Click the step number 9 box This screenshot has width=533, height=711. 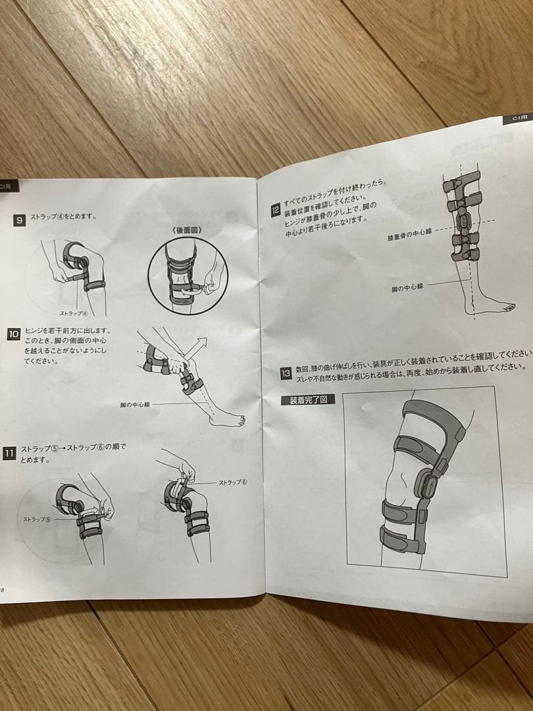pyautogui.click(x=19, y=221)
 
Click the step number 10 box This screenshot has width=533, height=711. pyautogui.click(x=13, y=334)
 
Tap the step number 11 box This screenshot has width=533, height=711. pyautogui.click(x=9, y=452)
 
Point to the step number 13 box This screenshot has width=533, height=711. pyautogui.click(x=286, y=373)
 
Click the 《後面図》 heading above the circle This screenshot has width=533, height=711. pyautogui.click(x=188, y=230)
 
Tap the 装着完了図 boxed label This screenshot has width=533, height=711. pyautogui.click(x=308, y=399)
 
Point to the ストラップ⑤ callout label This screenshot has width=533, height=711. pyautogui.click(x=37, y=519)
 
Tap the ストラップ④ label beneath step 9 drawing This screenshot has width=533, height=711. pyautogui.click(x=74, y=313)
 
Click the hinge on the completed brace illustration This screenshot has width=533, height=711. pyautogui.click(x=425, y=486)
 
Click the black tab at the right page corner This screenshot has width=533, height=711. pyautogui.click(x=520, y=118)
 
